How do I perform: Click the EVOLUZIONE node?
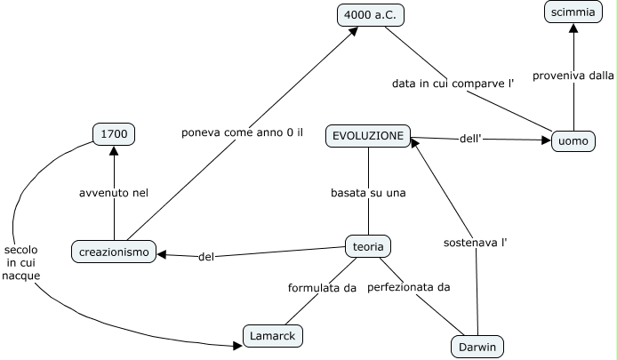coord(368,136)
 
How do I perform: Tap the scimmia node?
coord(572,13)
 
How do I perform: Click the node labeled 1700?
coord(114,134)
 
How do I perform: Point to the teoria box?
coord(367,246)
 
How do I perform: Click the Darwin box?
coord(477,345)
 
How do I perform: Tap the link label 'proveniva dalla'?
coord(573,76)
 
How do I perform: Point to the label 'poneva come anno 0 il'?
coord(243,132)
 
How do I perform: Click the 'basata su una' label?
coord(368,192)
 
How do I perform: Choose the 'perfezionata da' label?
coord(409,287)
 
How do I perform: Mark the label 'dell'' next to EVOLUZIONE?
coord(471,138)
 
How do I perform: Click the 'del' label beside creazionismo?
coord(206,257)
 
